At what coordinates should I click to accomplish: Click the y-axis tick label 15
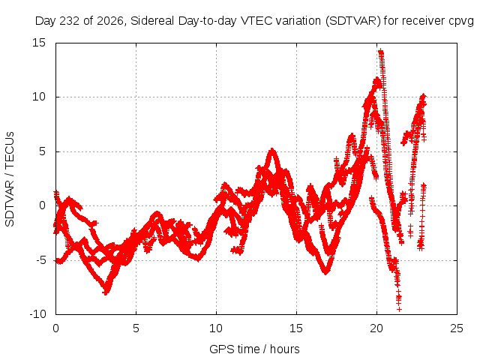(39, 43)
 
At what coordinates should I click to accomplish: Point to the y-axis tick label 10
(39, 97)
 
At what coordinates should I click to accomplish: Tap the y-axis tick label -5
(41, 260)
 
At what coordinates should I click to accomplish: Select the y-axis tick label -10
(37, 314)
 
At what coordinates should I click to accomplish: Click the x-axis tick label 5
(136, 328)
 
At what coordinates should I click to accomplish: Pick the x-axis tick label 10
(216, 328)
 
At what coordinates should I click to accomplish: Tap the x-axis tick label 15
(296, 328)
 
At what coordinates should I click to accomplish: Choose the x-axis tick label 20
(376, 328)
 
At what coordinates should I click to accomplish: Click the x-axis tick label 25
(457, 328)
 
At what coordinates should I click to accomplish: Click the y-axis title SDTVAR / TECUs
(10, 179)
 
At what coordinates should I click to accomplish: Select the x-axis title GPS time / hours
(254, 349)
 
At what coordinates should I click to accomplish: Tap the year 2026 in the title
(110, 21)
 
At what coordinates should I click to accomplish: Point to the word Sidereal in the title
(152, 21)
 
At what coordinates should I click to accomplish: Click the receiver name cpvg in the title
(461, 22)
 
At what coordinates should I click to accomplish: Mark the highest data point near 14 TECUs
(380, 52)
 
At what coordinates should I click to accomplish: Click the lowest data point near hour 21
(399, 309)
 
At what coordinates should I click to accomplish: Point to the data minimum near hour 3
(106, 292)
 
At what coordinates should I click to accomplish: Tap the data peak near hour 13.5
(271, 150)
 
